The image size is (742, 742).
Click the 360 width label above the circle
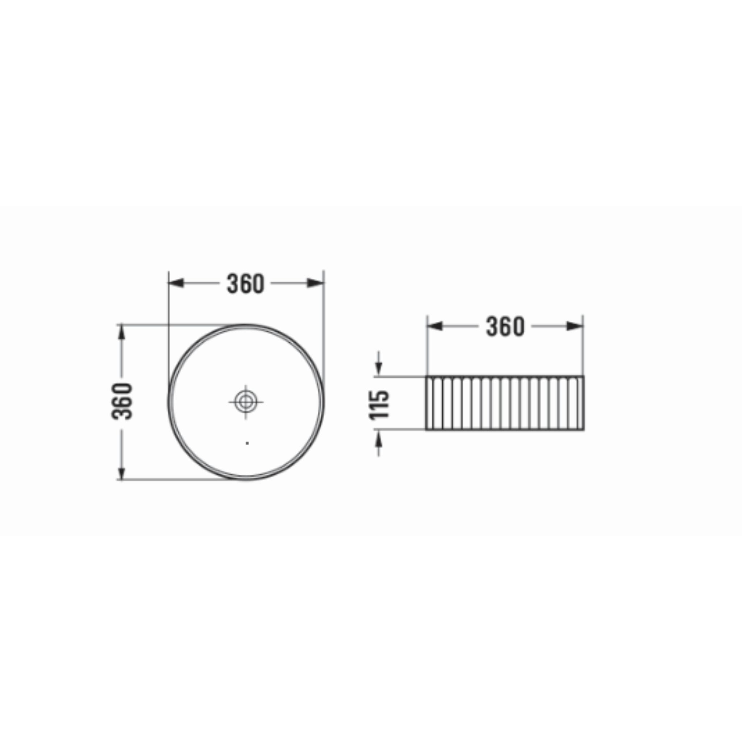(245, 283)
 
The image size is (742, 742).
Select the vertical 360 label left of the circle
(122, 401)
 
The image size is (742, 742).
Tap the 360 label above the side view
(505, 326)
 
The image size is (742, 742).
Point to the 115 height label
(379, 405)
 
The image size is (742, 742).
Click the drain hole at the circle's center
(246, 402)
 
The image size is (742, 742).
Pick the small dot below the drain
(247, 443)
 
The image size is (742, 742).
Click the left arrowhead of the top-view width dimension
(176, 283)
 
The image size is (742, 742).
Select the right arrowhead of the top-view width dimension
(315, 283)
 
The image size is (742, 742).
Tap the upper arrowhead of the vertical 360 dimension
(122, 332)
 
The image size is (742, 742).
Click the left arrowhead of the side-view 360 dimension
(435, 326)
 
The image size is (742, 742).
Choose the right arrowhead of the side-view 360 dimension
(575, 326)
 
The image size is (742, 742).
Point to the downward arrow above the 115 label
(379, 368)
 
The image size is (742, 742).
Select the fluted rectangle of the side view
(505, 403)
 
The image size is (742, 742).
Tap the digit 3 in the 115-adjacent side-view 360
(491, 326)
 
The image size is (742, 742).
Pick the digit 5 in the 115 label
(379, 396)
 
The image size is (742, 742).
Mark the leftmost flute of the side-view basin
(429, 403)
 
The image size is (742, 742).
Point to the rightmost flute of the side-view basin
(581, 403)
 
